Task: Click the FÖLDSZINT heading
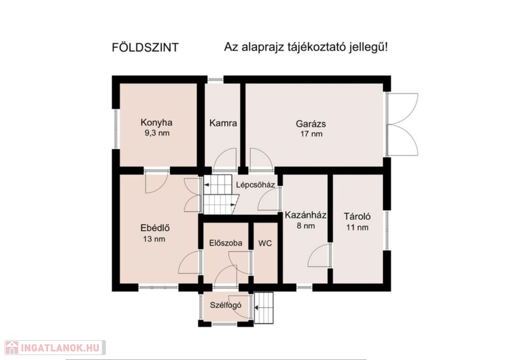[x=145, y=47]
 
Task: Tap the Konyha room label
[x=156, y=122]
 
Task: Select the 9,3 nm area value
[x=157, y=133]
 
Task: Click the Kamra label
[x=223, y=123]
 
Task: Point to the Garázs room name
[x=311, y=124]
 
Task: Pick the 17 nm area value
[x=311, y=134]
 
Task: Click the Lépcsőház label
[x=255, y=185]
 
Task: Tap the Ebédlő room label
[x=155, y=228]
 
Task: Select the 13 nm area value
[x=154, y=239]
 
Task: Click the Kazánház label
[x=306, y=215]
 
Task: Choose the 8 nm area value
[x=306, y=226]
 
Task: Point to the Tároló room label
[x=357, y=216]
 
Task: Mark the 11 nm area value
[x=357, y=227]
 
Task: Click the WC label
[x=265, y=243]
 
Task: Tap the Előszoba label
[x=226, y=243]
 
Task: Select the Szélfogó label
[x=226, y=305]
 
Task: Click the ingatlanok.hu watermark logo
[x=55, y=348]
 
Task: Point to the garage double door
[x=402, y=124]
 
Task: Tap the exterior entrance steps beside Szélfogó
[x=264, y=308]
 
